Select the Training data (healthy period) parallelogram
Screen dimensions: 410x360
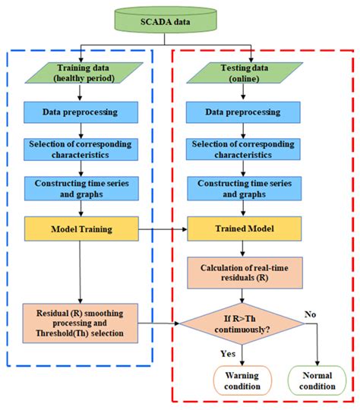[x=80, y=73]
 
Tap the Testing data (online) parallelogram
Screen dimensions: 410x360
[x=241, y=73]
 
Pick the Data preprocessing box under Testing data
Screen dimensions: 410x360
[x=242, y=112]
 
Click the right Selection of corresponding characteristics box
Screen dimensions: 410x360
[x=242, y=150]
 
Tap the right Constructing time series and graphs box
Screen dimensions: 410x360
[x=242, y=188]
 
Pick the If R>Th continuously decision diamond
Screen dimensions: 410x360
[x=242, y=324]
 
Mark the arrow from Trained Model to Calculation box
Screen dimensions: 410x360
[x=242, y=248]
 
